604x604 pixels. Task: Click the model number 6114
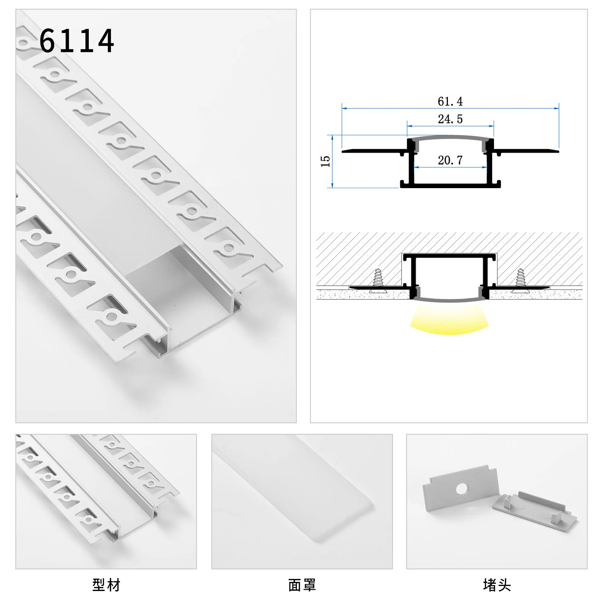(77, 41)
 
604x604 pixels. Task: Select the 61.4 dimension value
(450, 101)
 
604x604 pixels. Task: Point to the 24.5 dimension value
(450, 119)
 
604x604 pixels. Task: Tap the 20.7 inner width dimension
(450, 160)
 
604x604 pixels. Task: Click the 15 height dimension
(326, 161)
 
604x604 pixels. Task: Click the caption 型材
(106, 585)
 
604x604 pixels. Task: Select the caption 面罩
(302, 585)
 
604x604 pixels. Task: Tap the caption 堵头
(497, 585)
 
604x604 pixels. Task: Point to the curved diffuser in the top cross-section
(450, 138)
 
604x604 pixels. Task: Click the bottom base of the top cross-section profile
(450, 186)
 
